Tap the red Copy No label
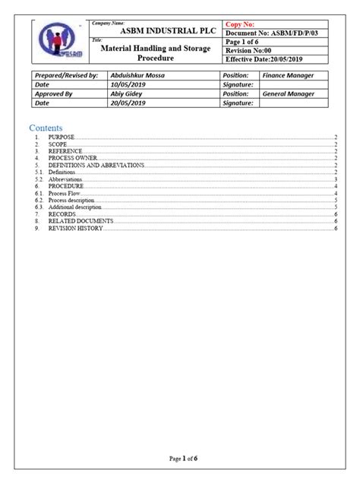242,25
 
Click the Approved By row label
54,95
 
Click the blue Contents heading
47,128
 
